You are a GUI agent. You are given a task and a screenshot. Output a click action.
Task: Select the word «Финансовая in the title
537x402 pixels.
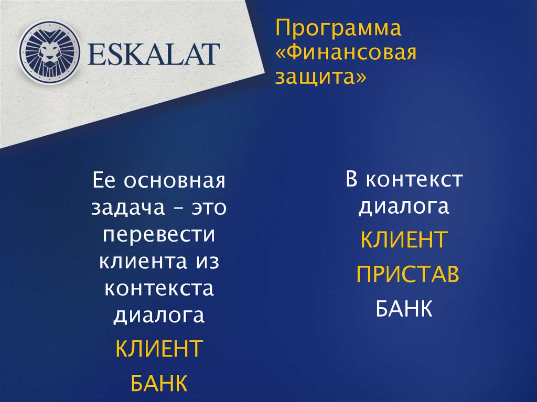click(x=346, y=53)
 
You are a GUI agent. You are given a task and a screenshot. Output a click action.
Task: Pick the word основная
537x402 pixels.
click(x=174, y=182)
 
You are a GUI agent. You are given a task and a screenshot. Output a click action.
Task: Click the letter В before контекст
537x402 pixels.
click(x=352, y=180)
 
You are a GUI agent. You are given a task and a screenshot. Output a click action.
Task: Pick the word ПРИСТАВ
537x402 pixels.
click(x=407, y=275)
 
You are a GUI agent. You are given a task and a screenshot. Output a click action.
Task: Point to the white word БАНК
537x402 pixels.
click(x=404, y=308)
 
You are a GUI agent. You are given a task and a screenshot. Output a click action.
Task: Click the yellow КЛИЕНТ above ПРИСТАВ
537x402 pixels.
click(x=404, y=241)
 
